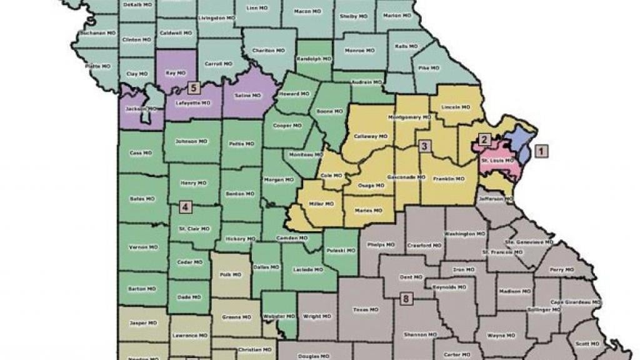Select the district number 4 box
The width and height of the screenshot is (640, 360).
(x=184, y=206)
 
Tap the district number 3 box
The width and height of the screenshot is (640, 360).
(x=424, y=147)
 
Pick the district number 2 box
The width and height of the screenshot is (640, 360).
(x=483, y=139)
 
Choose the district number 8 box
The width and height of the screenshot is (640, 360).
(x=406, y=299)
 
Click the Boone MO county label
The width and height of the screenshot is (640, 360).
(x=329, y=111)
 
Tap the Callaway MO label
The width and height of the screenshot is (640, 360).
(x=371, y=136)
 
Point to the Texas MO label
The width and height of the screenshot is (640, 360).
(x=366, y=310)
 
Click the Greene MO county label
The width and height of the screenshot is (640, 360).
(x=235, y=317)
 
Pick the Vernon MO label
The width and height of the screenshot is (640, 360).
(x=139, y=247)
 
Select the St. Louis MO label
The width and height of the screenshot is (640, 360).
(x=497, y=161)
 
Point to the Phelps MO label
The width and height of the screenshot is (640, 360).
(x=381, y=244)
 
